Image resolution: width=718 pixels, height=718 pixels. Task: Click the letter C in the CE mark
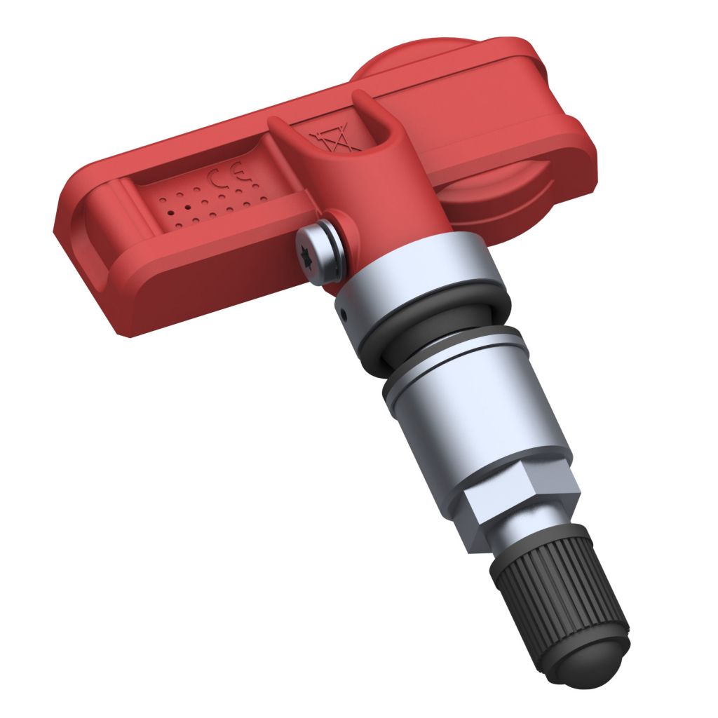pyautogui.click(x=215, y=180)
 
